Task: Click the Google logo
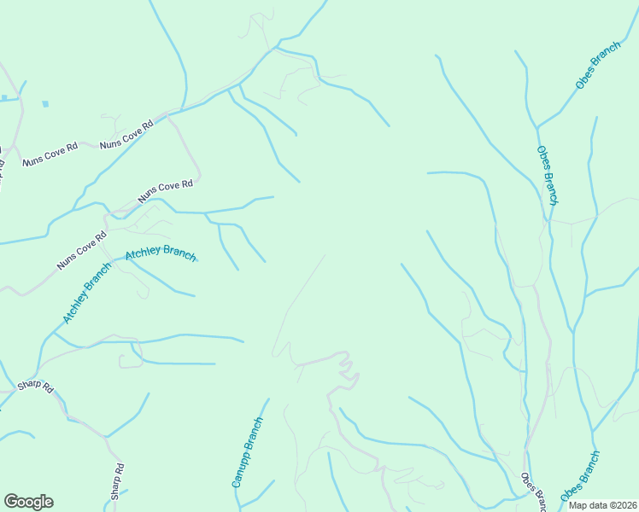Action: (28, 502)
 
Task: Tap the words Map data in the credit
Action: (588, 505)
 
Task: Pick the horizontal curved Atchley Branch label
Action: (161, 255)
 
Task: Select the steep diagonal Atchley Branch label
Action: (87, 293)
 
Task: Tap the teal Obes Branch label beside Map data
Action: (581, 476)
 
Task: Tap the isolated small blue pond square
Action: (44, 104)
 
